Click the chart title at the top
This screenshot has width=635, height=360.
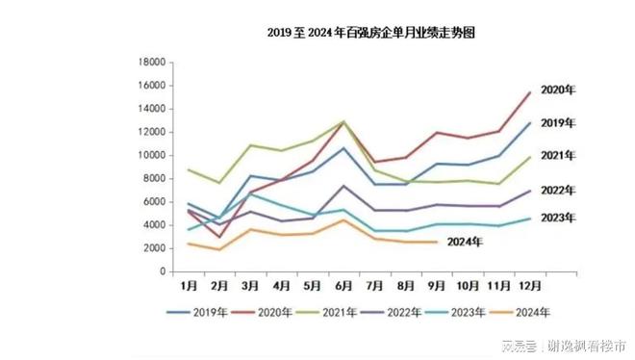coord(371,33)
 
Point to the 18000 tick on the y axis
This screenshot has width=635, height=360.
coord(152,63)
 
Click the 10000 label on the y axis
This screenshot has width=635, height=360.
coord(152,156)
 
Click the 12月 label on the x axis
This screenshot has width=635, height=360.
coord(529,287)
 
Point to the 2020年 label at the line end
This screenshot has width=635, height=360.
coord(559,90)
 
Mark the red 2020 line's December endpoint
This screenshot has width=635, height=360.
coord(529,92)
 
